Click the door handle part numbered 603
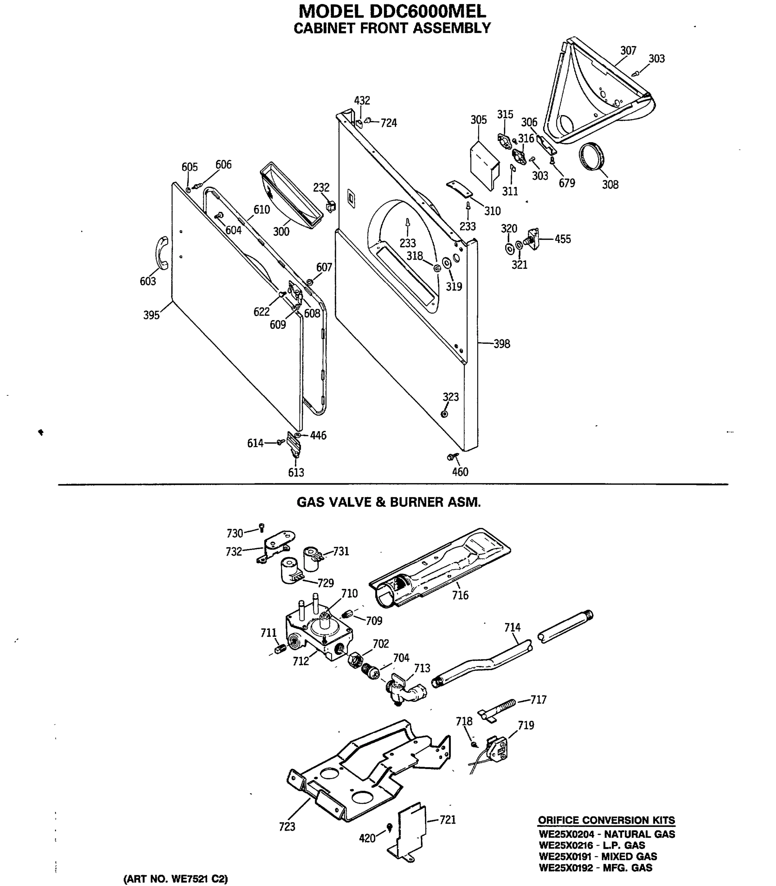point(161,253)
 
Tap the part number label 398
point(502,344)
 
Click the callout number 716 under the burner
point(460,595)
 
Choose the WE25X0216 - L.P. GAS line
point(592,845)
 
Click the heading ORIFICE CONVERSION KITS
point(606,820)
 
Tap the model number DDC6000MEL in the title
point(417,10)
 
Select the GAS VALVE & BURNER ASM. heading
point(389,502)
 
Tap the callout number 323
point(450,397)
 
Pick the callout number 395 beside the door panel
point(152,315)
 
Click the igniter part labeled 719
point(496,748)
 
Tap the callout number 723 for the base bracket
point(287,827)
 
